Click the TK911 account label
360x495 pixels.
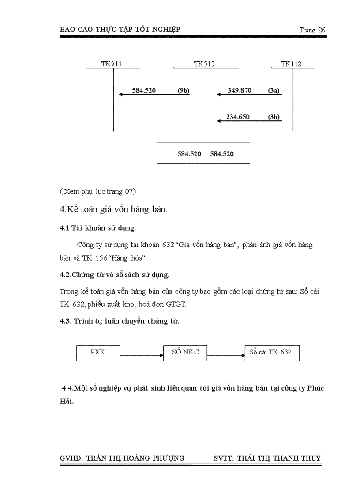(111, 64)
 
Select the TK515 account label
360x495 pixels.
(204, 64)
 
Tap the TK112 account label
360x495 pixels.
(291, 64)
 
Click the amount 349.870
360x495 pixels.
(240, 90)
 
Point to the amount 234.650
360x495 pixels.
(238, 117)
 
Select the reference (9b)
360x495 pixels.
(184, 90)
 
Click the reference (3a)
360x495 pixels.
(274, 90)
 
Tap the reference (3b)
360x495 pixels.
(274, 117)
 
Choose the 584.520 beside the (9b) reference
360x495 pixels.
(144, 90)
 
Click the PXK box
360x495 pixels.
(97, 353)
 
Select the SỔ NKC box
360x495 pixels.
(185, 353)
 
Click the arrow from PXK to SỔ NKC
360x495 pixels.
(141, 355)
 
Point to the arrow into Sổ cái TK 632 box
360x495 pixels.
(226, 355)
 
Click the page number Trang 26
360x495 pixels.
(312, 30)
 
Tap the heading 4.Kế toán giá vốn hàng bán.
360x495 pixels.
(113, 209)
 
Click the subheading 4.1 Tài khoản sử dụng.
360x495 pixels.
(98, 228)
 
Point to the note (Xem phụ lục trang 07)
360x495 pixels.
(97, 191)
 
